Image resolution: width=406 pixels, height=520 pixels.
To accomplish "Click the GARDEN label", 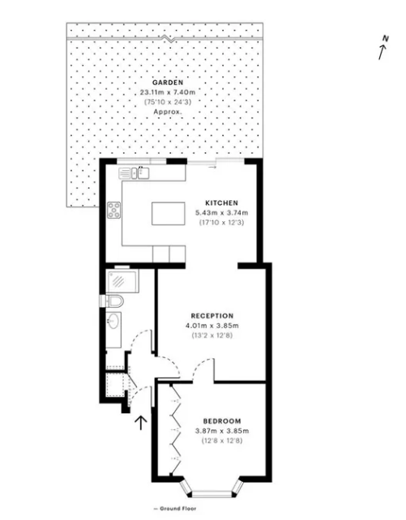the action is coord(168,83).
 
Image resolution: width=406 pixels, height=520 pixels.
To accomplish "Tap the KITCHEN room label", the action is coord(221,202).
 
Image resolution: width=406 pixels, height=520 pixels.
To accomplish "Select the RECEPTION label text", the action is coord(212,316).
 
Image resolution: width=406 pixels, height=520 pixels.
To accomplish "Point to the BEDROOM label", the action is coord(222,421).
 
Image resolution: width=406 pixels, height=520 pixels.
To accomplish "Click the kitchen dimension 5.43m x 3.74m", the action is coord(221,212).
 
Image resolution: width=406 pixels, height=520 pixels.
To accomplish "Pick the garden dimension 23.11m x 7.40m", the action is coord(168,92).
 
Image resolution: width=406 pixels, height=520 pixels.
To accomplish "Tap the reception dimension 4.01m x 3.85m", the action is coord(212,326).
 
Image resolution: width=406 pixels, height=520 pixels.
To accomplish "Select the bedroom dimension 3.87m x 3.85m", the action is coord(222,431).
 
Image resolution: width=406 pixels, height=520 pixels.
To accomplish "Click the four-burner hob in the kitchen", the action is coord(113,210).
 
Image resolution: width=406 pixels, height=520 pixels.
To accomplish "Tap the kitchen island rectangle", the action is coord(169,214).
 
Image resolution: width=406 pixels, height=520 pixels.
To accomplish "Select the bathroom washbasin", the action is coord(113,321).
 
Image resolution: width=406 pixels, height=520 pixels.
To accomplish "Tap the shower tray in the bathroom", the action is coord(122,281).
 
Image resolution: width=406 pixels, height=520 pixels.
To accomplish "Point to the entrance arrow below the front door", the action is coord(141,423).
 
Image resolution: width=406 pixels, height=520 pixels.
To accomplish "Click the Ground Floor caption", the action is coord(175,509).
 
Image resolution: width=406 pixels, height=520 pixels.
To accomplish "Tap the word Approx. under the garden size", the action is coord(168,112).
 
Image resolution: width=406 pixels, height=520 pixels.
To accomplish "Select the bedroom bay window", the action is coord(212,488).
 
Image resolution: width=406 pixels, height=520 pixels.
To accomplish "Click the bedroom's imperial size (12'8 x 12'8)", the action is coord(222,441).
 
